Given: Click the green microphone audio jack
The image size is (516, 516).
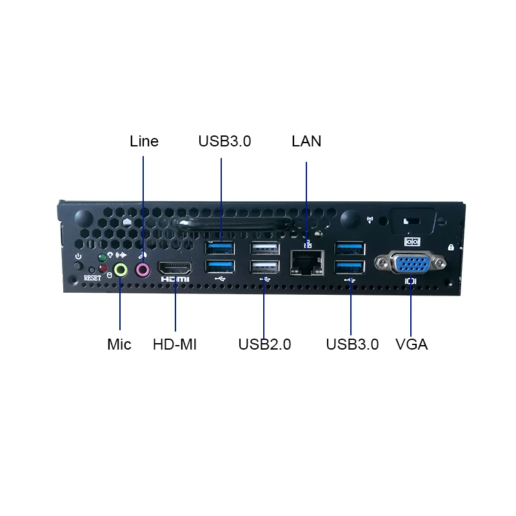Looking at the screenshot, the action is (x=120, y=270).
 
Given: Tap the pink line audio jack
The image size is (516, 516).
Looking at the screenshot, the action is (x=143, y=269).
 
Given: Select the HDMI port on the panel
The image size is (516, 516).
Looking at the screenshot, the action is (x=175, y=268).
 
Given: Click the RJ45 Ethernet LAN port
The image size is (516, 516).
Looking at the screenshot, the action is (x=307, y=261).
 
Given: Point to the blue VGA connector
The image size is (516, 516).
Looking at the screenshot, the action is (x=411, y=264).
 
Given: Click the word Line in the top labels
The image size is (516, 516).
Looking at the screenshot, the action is (x=144, y=141).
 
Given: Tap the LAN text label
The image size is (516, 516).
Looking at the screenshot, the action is (x=306, y=141).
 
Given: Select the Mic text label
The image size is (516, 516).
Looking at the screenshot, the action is (x=119, y=344).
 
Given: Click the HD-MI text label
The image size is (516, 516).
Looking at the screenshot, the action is (x=175, y=344).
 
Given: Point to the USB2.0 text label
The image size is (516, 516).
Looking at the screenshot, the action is (x=264, y=344).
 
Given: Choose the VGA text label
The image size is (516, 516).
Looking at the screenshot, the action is (x=412, y=344).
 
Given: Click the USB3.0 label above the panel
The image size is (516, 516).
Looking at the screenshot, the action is (x=224, y=141).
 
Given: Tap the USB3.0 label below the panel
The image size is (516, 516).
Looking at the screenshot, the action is (x=352, y=344).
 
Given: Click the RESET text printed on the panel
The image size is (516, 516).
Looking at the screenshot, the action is (x=93, y=278).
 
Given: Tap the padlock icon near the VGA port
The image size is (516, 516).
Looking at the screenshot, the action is (x=450, y=247).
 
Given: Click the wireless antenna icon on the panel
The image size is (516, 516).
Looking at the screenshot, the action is (x=370, y=219).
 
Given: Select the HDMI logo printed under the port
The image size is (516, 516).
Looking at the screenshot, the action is (x=175, y=279).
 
